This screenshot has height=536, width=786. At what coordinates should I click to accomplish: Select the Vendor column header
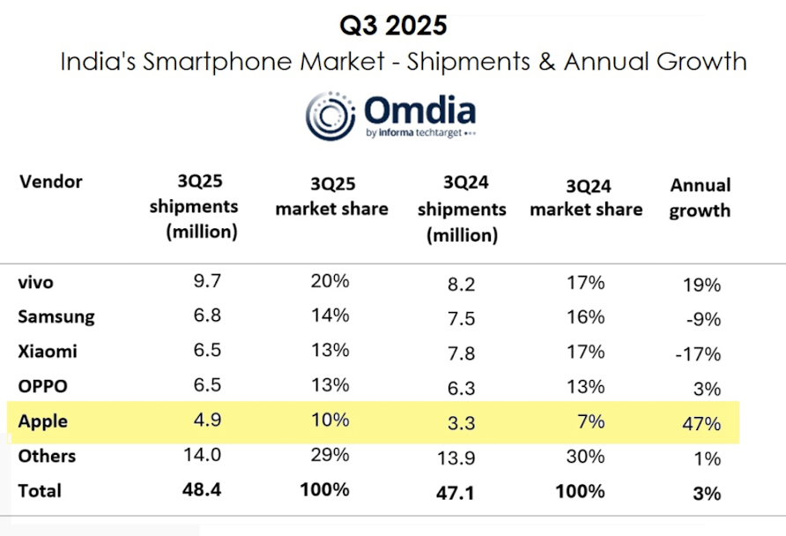[50, 182]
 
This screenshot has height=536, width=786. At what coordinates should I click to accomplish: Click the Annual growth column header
[701, 197]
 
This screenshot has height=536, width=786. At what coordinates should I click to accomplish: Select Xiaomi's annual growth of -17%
[701, 354]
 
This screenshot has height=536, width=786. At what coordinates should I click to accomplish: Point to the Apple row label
[43, 422]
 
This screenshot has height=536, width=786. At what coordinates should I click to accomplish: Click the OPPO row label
[42, 386]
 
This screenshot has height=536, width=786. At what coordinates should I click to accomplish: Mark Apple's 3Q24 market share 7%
[591, 421]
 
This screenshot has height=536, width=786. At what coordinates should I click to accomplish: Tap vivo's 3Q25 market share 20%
[331, 282]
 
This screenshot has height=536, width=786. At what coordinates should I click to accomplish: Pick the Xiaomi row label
[48, 351]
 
